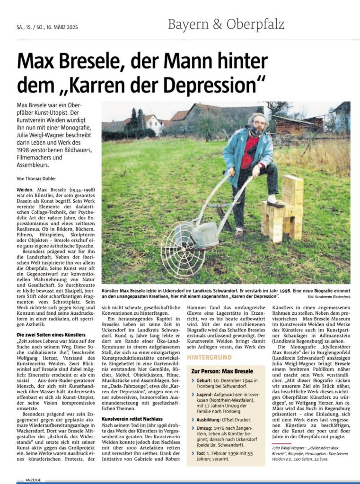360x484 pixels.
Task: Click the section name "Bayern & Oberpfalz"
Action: pos(226,24)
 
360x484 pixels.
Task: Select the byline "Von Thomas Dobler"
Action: pos(36,178)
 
